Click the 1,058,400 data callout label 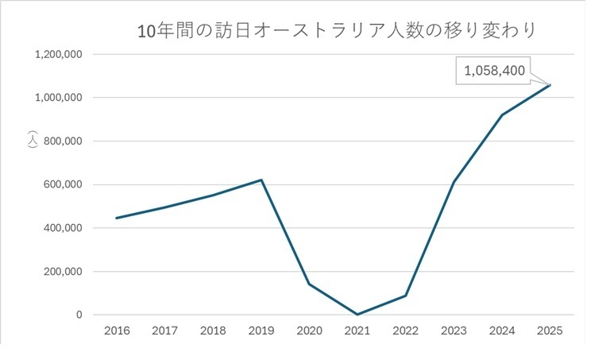point(494,71)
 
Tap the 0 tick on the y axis point(78,315)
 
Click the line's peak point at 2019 point(261,180)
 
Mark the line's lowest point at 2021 point(357,314)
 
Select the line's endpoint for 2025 point(550,85)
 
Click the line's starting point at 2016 point(116,218)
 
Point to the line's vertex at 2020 point(309,284)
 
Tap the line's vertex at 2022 point(405,296)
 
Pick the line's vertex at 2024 point(501,115)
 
